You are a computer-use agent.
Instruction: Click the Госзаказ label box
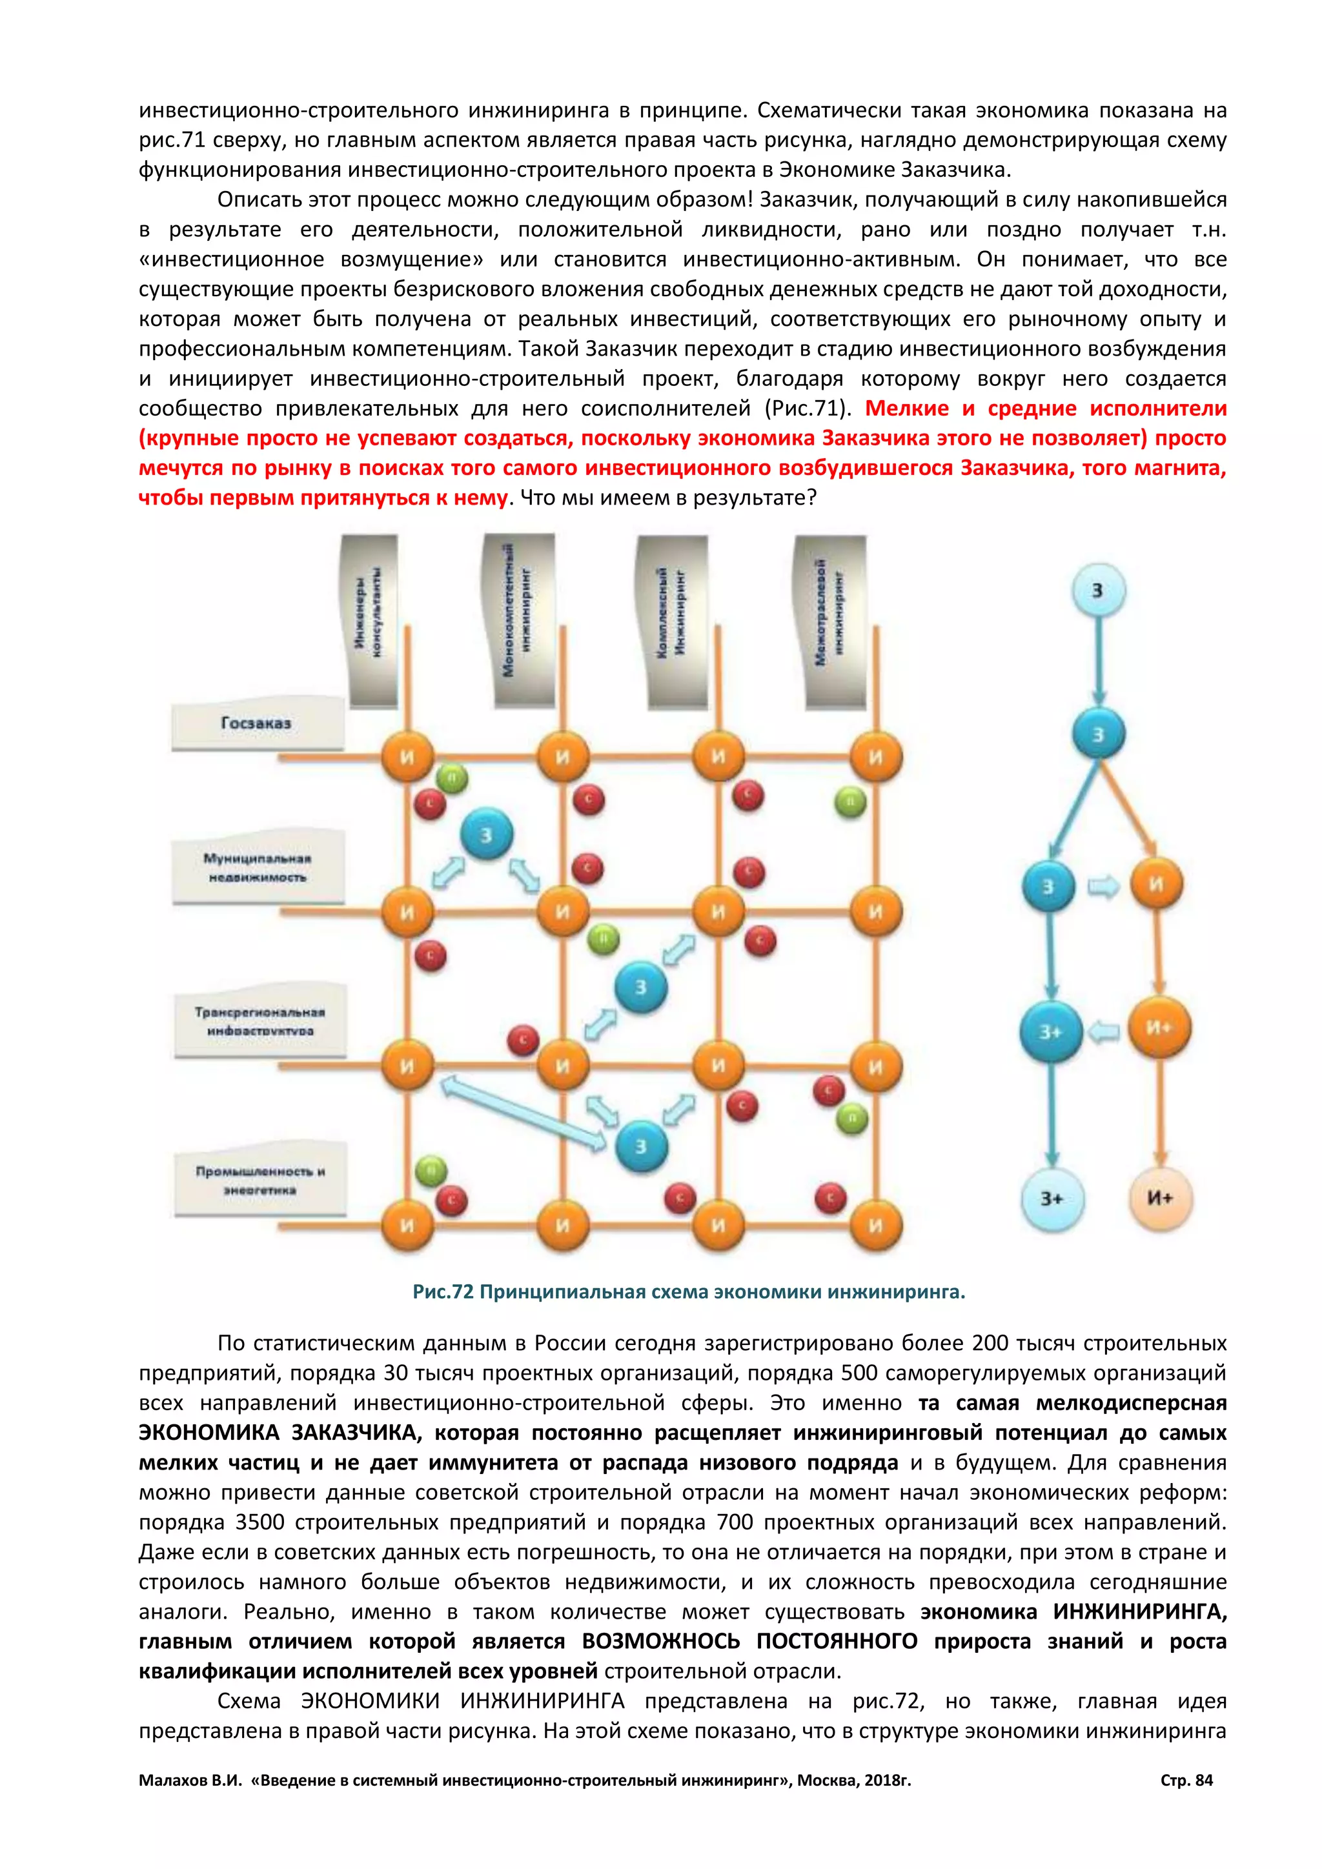click(256, 723)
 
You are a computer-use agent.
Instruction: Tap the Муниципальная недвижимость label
click(258, 868)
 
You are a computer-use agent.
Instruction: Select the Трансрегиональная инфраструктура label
click(259, 1021)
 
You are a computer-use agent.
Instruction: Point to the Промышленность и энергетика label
click(261, 1180)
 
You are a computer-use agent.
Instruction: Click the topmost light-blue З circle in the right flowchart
click(1097, 590)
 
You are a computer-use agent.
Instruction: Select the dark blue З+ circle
click(1050, 1031)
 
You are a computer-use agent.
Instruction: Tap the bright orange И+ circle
click(1159, 1027)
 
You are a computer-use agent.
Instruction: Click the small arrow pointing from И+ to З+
click(1104, 1031)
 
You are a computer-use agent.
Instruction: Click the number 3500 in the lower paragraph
click(259, 1522)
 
